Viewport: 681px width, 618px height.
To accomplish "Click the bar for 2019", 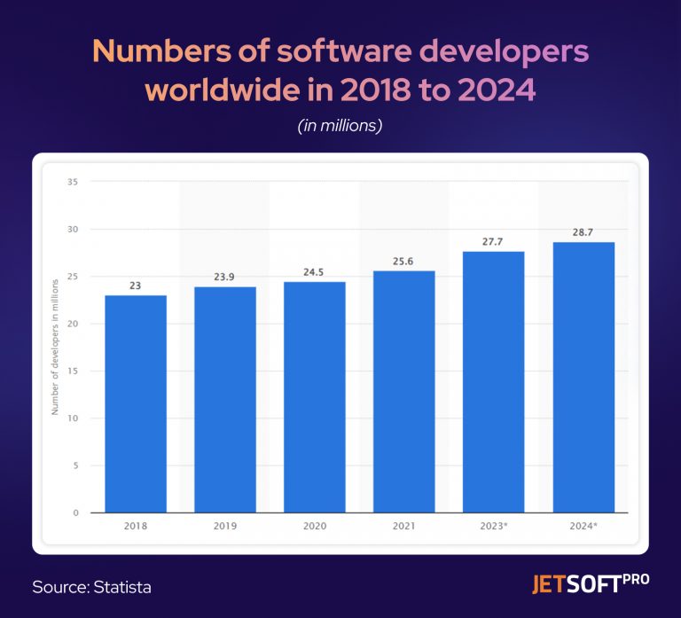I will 225,399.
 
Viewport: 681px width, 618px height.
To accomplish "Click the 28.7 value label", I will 583,232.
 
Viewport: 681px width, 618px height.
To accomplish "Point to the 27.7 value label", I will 494,242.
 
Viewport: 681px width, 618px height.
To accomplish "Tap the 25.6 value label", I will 404,262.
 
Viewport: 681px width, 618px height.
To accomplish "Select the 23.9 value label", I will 225,278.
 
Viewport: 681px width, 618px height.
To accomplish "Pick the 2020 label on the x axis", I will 315,526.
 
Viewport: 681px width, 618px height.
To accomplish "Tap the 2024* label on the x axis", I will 583,526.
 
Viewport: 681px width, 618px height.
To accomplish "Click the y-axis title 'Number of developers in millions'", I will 55,346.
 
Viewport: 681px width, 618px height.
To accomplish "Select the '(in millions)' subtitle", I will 340,126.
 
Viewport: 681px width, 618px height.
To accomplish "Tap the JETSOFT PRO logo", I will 590,584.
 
